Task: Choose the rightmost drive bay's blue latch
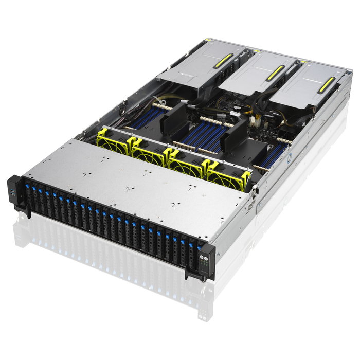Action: click(191, 246)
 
